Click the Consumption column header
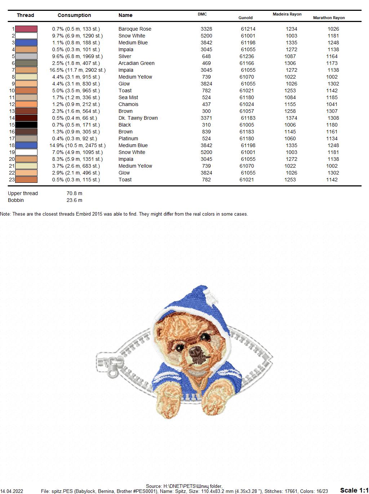point(74,15)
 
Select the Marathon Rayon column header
point(329,18)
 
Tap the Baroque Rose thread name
point(135,29)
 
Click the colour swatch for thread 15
point(26,125)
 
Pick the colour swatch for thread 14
point(26,118)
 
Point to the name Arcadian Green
point(136,63)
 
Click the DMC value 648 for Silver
point(206,56)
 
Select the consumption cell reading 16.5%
point(77,70)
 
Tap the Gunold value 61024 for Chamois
point(247,104)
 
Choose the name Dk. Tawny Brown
point(138,118)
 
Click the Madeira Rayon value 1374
point(292,118)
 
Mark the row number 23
point(12,180)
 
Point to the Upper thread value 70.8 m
point(74,193)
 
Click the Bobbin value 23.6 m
point(74,200)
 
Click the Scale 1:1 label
point(354,490)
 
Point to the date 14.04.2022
point(12,491)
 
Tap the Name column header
point(125,15)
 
